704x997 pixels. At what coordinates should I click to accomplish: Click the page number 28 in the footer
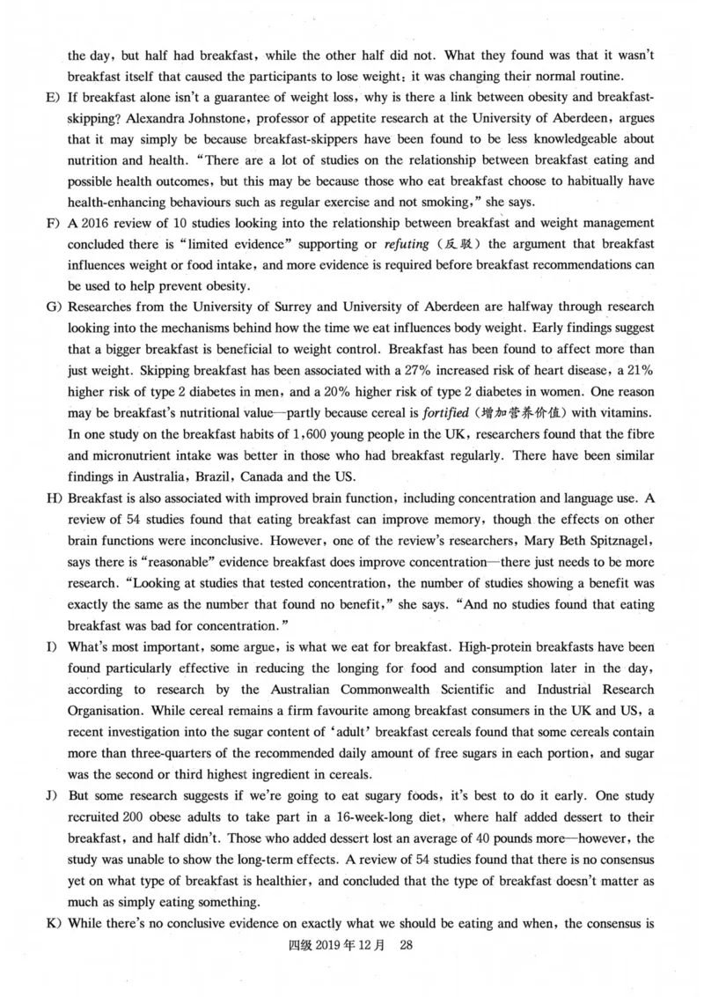click(x=406, y=945)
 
